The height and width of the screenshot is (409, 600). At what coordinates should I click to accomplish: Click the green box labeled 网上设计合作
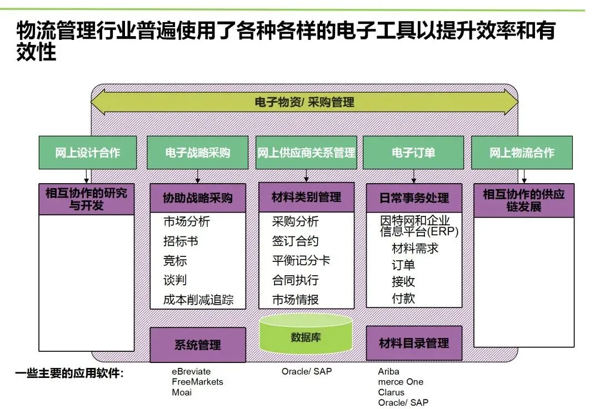click(x=87, y=153)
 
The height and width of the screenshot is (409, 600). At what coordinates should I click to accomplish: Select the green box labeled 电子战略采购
click(x=197, y=153)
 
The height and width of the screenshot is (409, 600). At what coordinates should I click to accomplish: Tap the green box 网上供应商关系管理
click(x=306, y=153)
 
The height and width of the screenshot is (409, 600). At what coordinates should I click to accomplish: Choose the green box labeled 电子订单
click(x=413, y=153)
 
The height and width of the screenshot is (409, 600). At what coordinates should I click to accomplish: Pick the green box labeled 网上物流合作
click(x=522, y=153)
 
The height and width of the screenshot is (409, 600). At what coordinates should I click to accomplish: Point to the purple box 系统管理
click(x=197, y=345)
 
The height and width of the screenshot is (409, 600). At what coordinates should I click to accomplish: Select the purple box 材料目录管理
click(x=414, y=344)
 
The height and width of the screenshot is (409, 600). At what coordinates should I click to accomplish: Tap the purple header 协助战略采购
click(x=197, y=198)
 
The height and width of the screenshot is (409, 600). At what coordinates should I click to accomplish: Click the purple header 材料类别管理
click(x=306, y=197)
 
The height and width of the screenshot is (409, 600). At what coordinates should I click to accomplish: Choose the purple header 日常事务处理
click(x=414, y=198)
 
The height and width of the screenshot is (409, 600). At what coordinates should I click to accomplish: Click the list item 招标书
click(x=181, y=241)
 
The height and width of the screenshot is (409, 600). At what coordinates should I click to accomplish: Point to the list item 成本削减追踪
click(x=198, y=300)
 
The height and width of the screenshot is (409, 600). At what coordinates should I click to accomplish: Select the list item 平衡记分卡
click(x=301, y=261)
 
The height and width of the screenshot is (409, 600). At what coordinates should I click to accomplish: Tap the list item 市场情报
click(x=295, y=300)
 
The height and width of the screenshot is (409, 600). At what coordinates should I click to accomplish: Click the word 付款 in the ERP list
click(x=403, y=298)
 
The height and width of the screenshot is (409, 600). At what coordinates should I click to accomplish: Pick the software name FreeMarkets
click(x=197, y=382)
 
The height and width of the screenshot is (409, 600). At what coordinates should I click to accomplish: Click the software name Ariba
click(x=388, y=371)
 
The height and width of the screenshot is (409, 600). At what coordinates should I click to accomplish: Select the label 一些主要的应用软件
click(x=69, y=373)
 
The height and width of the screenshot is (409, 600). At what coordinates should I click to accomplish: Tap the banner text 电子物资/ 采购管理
click(x=304, y=103)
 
